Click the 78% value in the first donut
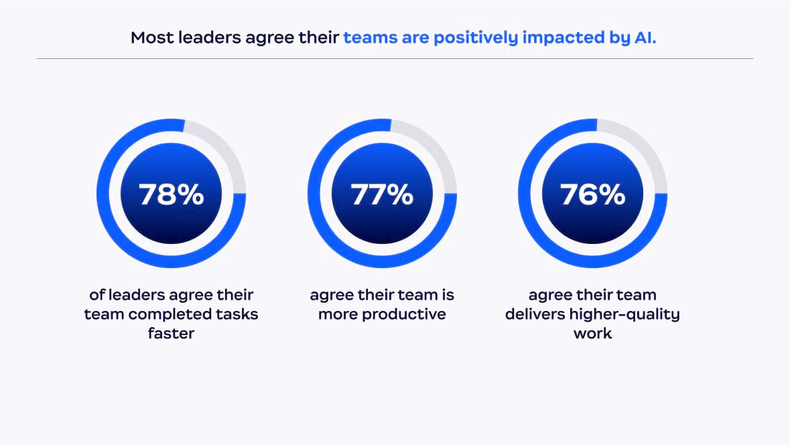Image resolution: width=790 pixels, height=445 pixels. (171, 194)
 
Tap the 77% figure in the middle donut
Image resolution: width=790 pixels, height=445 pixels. (382, 194)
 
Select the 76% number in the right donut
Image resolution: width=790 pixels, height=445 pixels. (592, 194)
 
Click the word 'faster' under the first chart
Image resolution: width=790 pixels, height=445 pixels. (171, 333)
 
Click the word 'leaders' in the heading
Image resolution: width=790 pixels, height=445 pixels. (204, 38)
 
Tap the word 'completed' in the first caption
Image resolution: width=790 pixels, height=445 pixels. (174, 314)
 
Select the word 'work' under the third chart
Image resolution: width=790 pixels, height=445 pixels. (592, 333)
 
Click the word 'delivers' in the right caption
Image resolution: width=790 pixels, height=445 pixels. (537, 314)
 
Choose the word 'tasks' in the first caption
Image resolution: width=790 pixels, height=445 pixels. (239, 314)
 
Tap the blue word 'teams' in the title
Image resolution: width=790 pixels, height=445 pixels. (370, 38)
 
